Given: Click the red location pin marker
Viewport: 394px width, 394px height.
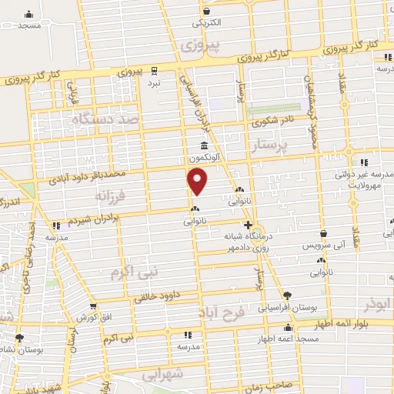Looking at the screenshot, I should coord(198,182).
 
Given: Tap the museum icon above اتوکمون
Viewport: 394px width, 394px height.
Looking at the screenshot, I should coord(203,145).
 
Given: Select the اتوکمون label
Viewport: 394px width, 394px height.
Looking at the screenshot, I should coord(203,156).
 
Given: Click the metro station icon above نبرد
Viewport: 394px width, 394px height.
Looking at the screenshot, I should coord(154,69).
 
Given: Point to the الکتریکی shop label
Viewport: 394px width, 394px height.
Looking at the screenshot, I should coord(206,23).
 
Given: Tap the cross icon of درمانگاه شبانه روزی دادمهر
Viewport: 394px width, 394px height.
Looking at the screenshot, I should coord(246,224).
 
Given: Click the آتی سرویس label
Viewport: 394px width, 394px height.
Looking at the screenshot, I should coord(324,244).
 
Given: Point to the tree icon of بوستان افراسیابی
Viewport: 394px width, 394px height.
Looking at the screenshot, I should coord(288,295).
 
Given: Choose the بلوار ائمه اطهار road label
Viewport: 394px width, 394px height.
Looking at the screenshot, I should coord(362,326).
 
